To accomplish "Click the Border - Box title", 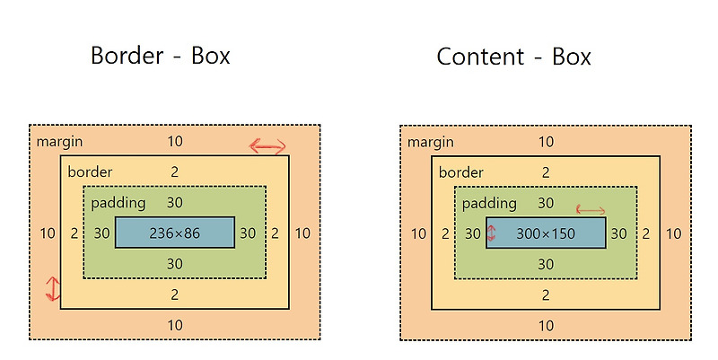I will tap(160, 56).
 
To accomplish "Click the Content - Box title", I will tap(514, 57).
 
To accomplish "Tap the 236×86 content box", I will tap(175, 233).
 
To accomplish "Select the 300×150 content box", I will tap(546, 233).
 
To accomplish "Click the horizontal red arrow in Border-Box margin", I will tap(267, 146).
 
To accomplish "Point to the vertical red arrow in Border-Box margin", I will tap(53, 289).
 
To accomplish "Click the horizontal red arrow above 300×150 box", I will tap(591, 210).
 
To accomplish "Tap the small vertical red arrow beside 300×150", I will tap(491, 234).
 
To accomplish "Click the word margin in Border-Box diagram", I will tap(58, 142).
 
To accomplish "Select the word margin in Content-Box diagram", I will tap(430, 142).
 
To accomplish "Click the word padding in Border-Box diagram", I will tap(118, 204).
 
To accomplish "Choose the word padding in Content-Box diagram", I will tap(490, 204).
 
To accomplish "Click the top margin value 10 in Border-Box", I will tap(175, 142).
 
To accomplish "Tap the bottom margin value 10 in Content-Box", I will tap(546, 326).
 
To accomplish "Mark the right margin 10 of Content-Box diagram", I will tap(674, 233).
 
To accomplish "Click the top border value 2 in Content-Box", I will tap(546, 172).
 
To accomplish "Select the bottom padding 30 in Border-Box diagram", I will tap(175, 264).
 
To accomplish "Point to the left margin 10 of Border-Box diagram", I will tap(48, 233).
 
